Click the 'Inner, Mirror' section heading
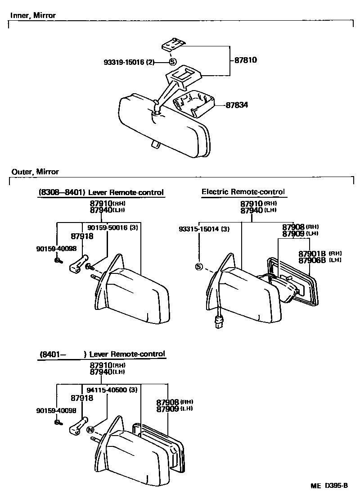(33, 16)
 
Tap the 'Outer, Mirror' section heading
(35, 172)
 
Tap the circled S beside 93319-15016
(173, 63)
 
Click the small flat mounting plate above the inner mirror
(173, 45)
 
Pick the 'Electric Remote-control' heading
(243, 192)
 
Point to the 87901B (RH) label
(320, 254)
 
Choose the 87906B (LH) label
(320, 260)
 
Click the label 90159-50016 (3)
(112, 228)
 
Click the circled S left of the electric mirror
(199, 267)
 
